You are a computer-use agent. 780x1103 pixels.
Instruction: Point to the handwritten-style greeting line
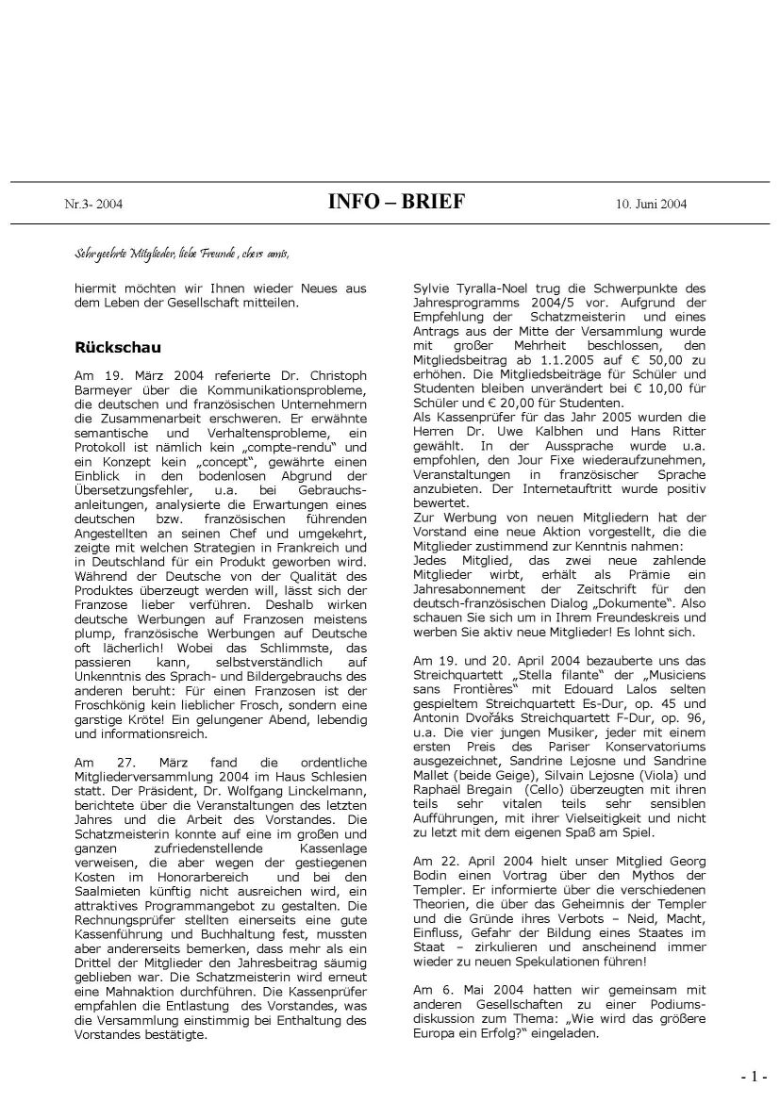pyautogui.click(x=182, y=254)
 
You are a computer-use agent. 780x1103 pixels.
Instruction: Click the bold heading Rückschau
pyautogui.click(x=110, y=347)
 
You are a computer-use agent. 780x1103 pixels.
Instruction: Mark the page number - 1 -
pyautogui.click(x=755, y=1075)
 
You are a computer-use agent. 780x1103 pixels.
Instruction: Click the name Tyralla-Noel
pyautogui.click(x=483, y=287)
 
